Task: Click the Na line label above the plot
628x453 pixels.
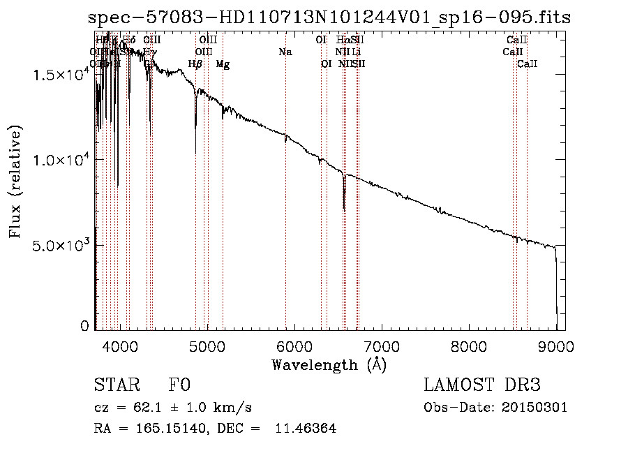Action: [x=285, y=52]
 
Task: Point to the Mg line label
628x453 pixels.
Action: [x=223, y=64]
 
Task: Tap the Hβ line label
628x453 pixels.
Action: [x=195, y=64]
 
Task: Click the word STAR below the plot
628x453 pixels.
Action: [x=115, y=386]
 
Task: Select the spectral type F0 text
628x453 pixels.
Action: [x=179, y=386]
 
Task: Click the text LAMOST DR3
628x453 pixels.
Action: [x=482, y=386]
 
